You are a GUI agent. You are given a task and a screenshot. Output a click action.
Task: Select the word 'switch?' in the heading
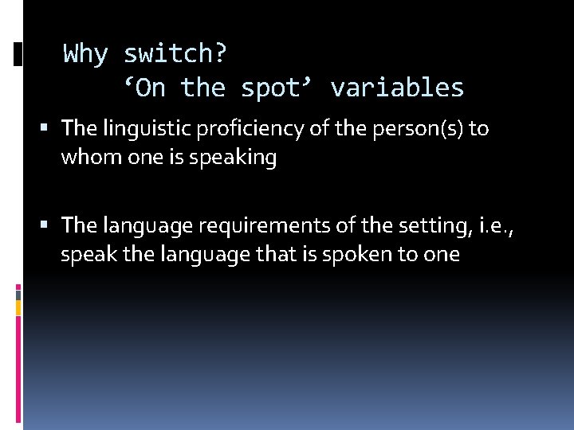coord(175,55)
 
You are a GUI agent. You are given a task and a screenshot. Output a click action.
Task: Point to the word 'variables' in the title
coord(397,88)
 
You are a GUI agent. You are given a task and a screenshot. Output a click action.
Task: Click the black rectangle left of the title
coord(18,54)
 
